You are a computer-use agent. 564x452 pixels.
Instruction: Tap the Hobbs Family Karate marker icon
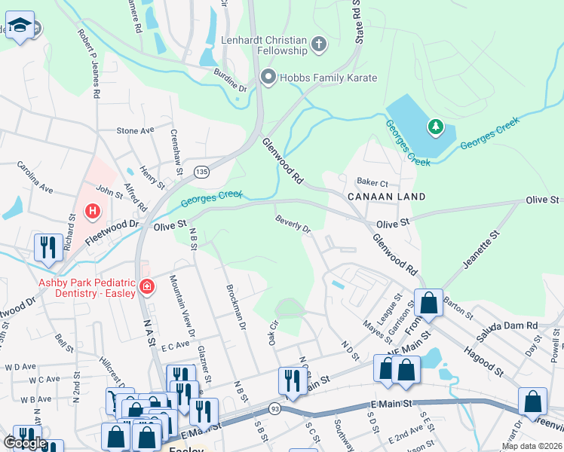pyautogui.click(x=267, y=77)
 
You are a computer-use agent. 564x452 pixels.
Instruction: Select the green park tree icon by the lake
pyautogui.click(x=435, y=127)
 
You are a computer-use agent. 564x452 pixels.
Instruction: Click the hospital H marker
pyautogui.click(x=93, y=212)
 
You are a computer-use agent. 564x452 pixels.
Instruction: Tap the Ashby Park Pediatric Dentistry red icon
pyautogui.click(x=146, y=286)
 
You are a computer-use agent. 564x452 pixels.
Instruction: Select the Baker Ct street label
pyautogui.click(x=372, y=182)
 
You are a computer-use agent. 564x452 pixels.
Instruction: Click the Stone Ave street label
pyautogui.click(x=135, y=130)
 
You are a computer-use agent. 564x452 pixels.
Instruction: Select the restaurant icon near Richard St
pyautogui.click(x=48, y=248)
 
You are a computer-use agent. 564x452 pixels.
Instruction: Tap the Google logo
pyautogui.click(x=25, y=443)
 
